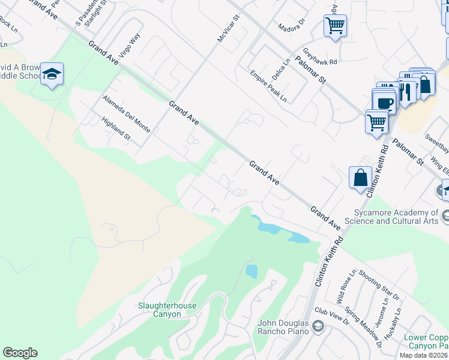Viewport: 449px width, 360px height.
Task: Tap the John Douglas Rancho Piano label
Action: point(283,327)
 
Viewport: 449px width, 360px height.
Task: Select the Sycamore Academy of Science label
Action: point(397,217)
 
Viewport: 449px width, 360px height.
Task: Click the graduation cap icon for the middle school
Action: point(52,74)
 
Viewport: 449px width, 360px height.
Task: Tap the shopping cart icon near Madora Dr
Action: point(335,26)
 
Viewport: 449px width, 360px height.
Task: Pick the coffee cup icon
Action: point(384,102)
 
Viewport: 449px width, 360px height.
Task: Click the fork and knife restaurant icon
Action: point(406,91)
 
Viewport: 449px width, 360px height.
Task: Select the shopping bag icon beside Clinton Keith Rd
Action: point(360,178)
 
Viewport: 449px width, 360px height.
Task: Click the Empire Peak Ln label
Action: point(268,86)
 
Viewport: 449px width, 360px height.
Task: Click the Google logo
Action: point(20,353)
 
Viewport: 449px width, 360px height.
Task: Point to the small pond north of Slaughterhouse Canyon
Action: point(251,271)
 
